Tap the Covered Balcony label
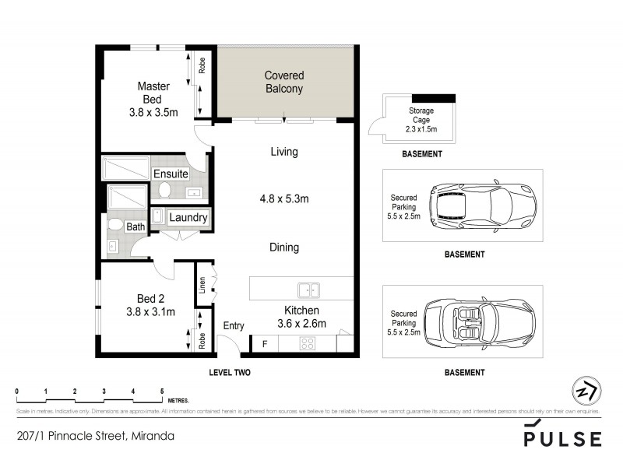283,82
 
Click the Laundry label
188,218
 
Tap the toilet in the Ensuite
164,189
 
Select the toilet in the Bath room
115,226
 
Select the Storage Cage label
421,121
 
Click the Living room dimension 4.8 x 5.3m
283,199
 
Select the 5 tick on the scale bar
162,392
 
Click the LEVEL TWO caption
230,373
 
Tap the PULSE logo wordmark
562,438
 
